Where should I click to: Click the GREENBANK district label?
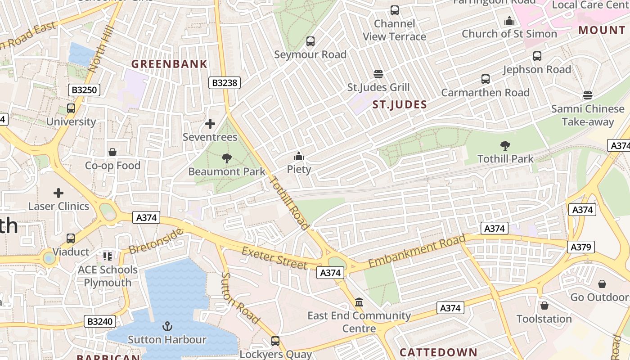(169, 64)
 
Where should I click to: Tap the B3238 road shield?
(225, 83)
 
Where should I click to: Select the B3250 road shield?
(84, 90)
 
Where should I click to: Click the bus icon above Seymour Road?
(310, 42)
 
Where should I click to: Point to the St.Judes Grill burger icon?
(378, 74)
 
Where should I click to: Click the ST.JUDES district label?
(400, 105)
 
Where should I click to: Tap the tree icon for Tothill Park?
(505, 146)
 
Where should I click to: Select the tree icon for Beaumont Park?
(226, 158)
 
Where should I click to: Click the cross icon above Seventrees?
(210, 124)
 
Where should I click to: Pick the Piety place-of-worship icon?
(298, 157)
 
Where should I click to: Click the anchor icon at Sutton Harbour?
(167, 326)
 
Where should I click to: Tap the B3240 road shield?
(99, 321)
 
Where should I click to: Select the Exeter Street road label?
(274, 257)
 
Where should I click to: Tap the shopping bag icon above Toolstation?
(544, 306)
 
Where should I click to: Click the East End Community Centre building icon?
(359, 302)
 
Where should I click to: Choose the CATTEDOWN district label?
(438, 352)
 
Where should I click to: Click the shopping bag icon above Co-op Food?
(112, 153)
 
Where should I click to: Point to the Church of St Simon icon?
(509, 21)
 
